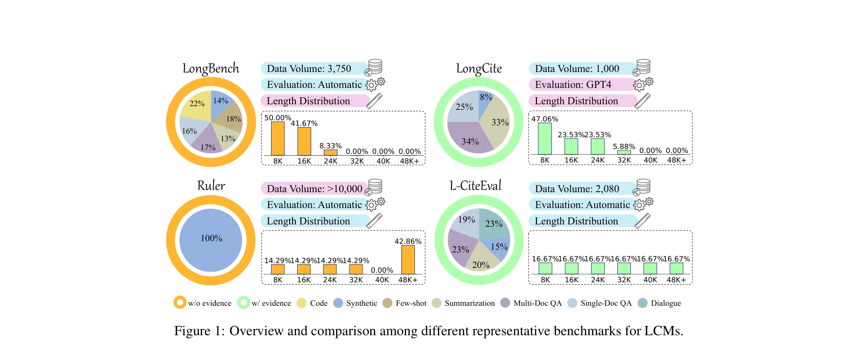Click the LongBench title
(211, 69)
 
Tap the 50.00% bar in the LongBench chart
(278, 138)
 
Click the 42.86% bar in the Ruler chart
(408, 259)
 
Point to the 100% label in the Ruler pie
(211, 238)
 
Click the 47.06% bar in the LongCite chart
(544, 138)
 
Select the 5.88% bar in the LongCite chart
(624, 152)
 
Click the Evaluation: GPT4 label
(573, 85)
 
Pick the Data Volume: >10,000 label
(314, 188)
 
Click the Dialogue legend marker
(643, 303)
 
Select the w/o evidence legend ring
(180, 302)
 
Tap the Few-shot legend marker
(387, 303)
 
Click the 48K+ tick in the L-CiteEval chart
(676, 280)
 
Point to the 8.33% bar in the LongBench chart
(330, 152)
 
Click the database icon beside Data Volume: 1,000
(642, 67)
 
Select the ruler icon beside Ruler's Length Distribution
(374, 221)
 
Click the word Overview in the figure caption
(257, 331)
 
